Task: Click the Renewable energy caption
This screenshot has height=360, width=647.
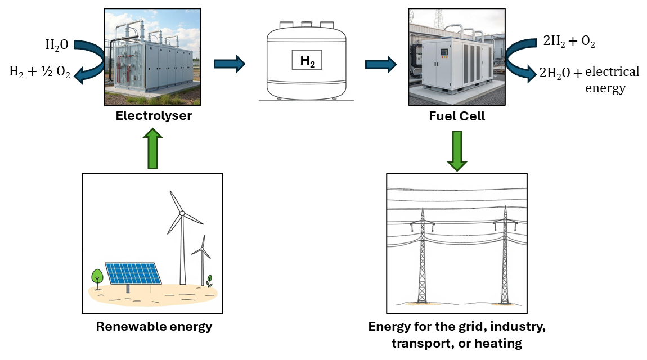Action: [x=154, y=327]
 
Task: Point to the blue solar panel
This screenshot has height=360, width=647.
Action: [x=133, y=273]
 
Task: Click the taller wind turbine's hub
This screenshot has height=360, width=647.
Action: [x=182, y=213]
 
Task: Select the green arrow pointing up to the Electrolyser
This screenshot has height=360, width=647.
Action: [x=154, y=148]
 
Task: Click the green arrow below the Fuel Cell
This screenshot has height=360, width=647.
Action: [x=457, y=150]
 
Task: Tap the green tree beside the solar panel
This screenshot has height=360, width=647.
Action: [x=97, y=277]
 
